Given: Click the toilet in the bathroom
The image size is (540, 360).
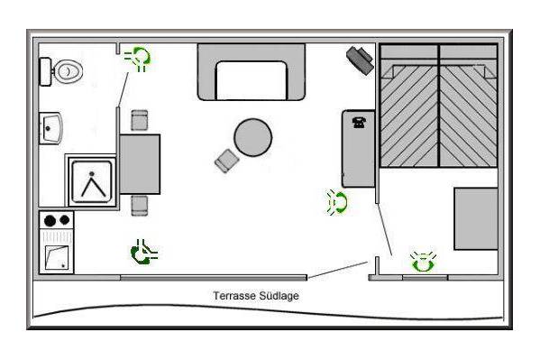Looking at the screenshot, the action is (61, 71).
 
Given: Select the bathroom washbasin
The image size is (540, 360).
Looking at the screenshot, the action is (50, 128).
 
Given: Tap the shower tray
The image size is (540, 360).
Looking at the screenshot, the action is (92, 181).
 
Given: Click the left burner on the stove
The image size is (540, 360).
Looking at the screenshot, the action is (50, 220).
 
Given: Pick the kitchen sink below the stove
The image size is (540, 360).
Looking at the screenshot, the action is (57, 257).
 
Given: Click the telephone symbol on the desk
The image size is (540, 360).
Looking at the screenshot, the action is (359, 123).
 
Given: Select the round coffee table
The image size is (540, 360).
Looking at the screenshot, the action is (252, 137).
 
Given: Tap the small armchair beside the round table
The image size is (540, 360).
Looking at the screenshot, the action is (226, 161).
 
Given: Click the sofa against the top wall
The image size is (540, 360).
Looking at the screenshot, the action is (251, 71).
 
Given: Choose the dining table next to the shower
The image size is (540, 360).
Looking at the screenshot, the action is (140, 164).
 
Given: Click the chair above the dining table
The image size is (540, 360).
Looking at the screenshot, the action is (140, 120).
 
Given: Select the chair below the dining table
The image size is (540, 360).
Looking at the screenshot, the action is (140, 206).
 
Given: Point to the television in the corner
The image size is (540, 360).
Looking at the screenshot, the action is (360, 60).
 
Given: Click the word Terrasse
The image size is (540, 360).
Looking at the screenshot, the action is (234, 296).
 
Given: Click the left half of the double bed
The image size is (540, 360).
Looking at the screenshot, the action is (409, 106).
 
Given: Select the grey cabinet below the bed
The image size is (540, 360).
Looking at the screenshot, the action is (476, 218).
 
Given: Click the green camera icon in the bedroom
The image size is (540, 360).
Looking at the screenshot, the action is (423, 262).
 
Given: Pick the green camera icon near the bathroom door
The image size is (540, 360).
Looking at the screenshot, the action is (138, 58).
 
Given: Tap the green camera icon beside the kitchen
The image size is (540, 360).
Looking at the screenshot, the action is (143, 253).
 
